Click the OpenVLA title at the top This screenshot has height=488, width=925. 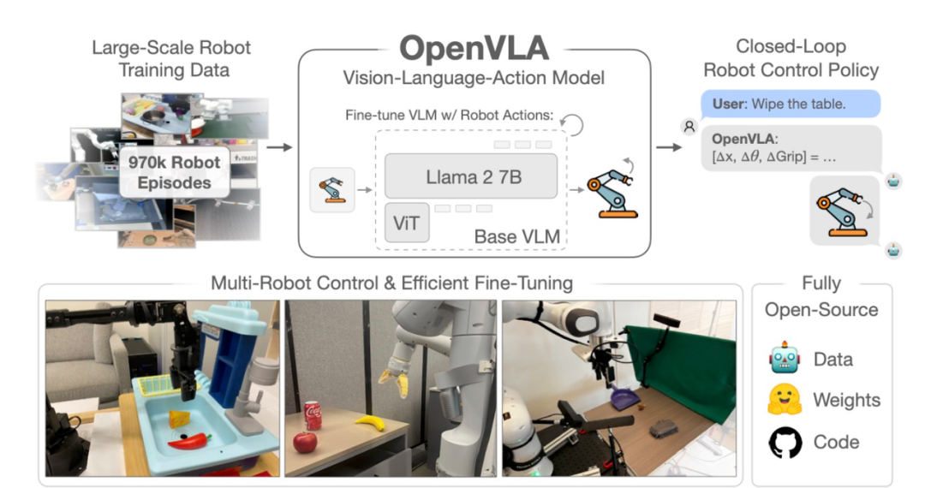(x=474, y=48)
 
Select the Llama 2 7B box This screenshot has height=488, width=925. (x=471, y=176)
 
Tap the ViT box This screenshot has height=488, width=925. (x=407, y=223)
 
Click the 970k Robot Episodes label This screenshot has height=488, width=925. (x=174, y=172)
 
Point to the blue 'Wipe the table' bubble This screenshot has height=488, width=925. (x=791, y=104)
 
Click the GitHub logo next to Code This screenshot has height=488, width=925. (x=785, y=442)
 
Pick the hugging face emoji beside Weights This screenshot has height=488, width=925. (x=785, y=400)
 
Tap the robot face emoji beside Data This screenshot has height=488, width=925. (x=785, y=357)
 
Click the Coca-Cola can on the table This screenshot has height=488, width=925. (x=312, y=415)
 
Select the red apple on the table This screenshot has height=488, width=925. (x=305, y=442)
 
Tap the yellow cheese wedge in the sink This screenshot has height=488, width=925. (x=180, y=419)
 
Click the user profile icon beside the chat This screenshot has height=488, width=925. (x=689, y=127)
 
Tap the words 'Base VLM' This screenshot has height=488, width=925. (x=516, y=236)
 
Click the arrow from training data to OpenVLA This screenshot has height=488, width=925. (x=279, y=146)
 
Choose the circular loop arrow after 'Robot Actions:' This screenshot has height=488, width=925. (x=571, y=124)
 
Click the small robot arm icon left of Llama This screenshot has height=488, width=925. (x=332, y=190)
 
